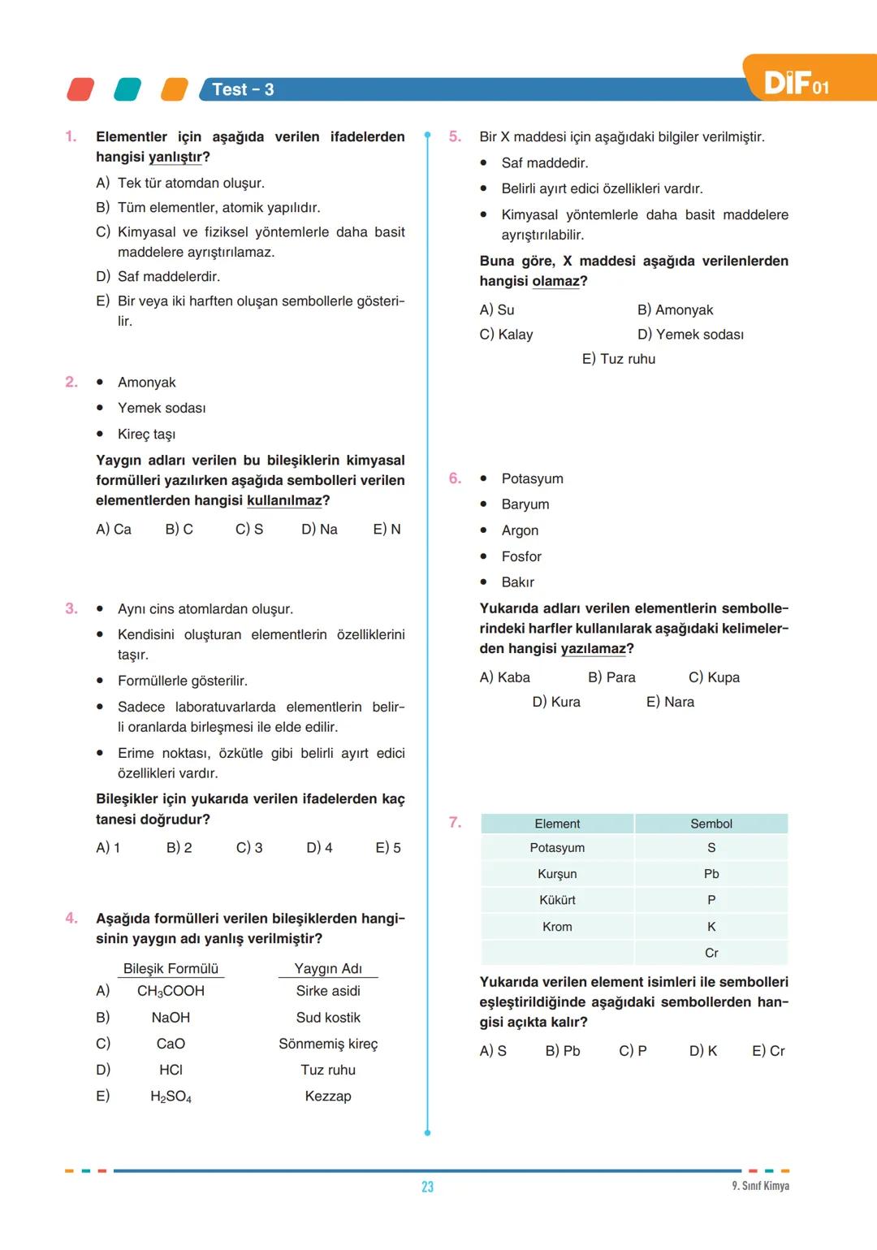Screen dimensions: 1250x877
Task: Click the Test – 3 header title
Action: pyautogui.click(x=243, y=89)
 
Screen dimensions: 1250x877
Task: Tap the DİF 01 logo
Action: pyautogui.click(x=796, y=83)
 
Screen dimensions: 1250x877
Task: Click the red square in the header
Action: pyautogui.click(x=80, y=89)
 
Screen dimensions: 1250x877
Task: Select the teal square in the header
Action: pyautogui.click(x=127, y=89)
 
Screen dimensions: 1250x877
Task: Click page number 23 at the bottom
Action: pyautogui.click(x=427, y=1187)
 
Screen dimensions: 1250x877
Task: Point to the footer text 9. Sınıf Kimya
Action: pyautogui.click(x=760, y=1186)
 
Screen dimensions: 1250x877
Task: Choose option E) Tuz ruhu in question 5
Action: pyautogui.click(x=618, y=359)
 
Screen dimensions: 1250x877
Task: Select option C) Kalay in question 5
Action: pyautogui.click(x=506, y=335)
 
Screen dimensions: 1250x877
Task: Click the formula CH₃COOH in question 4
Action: pyautogui.click(x=171, y=991)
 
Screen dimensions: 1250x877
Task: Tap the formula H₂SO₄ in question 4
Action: pyautogui.click(x=171, y=1096)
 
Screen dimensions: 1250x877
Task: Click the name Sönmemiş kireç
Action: pyautogui.click(x=328, y=1044)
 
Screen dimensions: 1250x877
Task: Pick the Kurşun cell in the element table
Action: pyautogui.click(x=557, y=874)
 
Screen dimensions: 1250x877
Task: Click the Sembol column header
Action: pyautogui.click(x=711, y=824)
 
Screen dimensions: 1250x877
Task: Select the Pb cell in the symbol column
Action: pyautogui.click(x=711, y=874)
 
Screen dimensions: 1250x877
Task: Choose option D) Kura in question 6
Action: pyautogui.click(x=556, y=702)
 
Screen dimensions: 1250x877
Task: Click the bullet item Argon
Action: pyautogui.click(x=520, y=530)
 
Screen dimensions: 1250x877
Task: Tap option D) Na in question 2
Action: pyautogui.click(x=319, y=530)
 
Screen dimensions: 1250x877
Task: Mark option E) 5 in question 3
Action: pyautogui.click(x=388, y=848)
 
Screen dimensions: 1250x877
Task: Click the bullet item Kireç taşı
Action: pyautogui.click(x=146, y=435)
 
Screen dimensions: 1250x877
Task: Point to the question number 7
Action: pyautogui.click(x=455, y=823)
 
